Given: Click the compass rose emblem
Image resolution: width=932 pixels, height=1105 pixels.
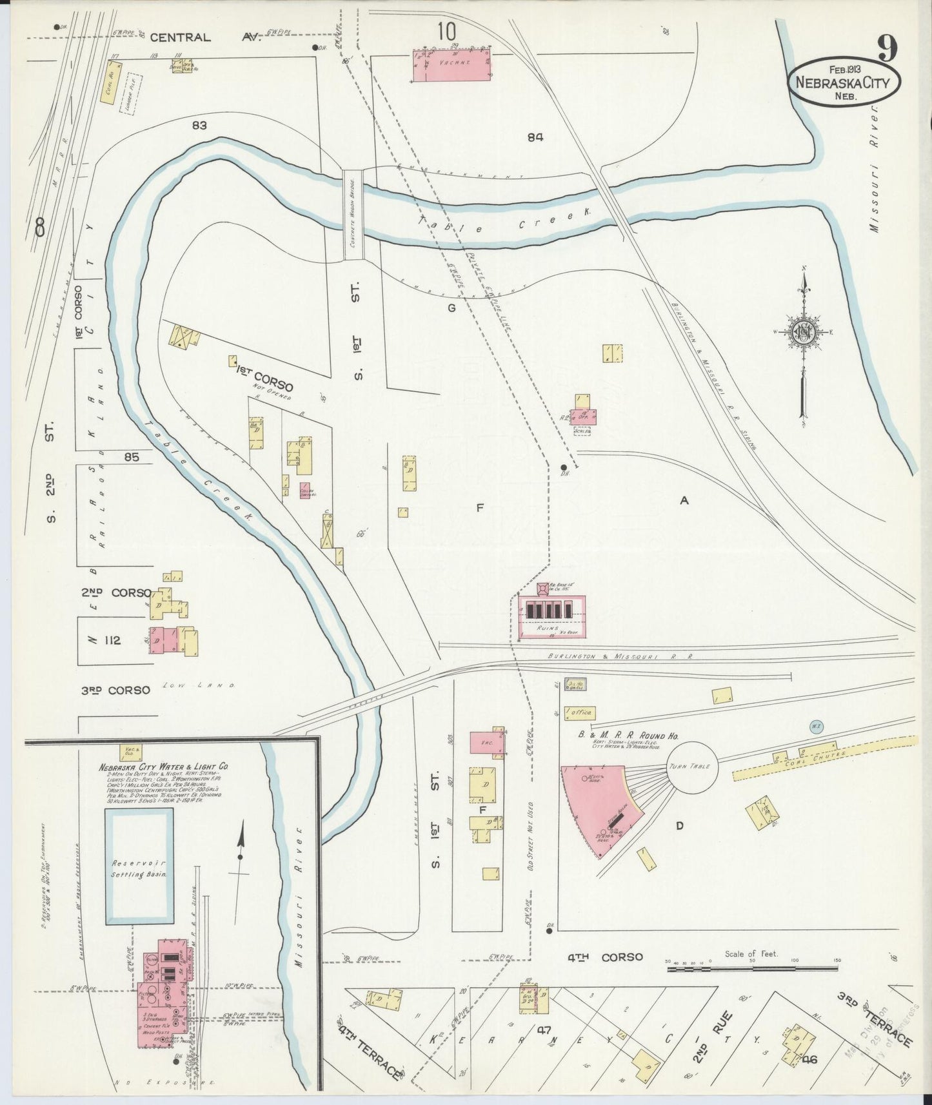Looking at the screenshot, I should click(x=804, y=332).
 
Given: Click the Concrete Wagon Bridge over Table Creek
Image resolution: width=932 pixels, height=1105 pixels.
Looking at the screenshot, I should click(x=353, y=215).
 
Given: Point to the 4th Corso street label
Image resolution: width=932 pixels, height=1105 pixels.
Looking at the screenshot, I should click(x=604, y=957).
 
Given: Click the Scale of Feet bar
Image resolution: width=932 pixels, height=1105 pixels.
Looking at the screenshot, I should click(x=752, y=967).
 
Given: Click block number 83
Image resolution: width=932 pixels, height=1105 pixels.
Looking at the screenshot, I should click(x=199, y=125).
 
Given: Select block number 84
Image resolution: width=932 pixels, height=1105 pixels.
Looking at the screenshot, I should click(x=535, y=137).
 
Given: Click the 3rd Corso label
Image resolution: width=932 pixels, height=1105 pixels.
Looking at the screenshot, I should click(x=115, y=690).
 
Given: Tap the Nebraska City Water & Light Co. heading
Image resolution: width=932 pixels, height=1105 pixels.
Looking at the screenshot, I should click(x=164, y=767).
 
